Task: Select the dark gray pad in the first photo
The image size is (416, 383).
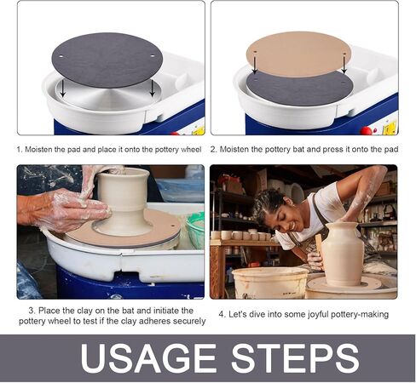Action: tap(107, 59)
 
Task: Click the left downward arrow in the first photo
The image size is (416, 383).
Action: tap(61, 88)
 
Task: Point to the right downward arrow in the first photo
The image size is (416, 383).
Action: tap(152, 88)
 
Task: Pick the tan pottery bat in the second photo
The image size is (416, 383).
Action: tap(298, 53)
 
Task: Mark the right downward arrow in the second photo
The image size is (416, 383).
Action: tap(344, 62)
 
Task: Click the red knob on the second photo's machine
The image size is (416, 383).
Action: tap(367, 130)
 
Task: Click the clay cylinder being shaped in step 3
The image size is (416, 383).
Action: tap(124, 200)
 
